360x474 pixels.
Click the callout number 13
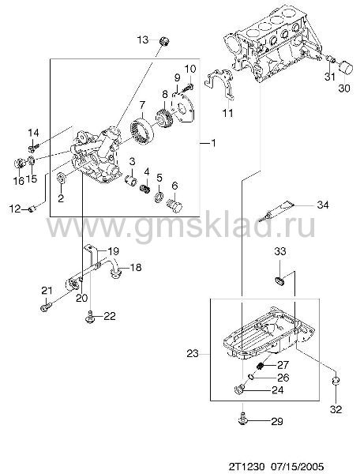coord(143,39)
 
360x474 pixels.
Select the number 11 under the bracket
coord(227,113)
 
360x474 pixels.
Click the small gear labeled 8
coord(163,118)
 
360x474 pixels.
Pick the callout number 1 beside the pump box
coord(213,143)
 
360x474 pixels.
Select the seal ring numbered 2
coord(62,179)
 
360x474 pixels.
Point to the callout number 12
coord(15,209)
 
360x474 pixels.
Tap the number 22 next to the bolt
coord(110,316)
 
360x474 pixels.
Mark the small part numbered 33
coord(280,280)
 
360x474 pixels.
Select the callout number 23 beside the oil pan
coord(193,353)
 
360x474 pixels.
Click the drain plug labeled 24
coord(239,389)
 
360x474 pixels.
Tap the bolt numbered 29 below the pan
coord(243,419)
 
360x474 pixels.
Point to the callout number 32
coord(336,409)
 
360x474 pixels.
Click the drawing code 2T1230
coord(246,466)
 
